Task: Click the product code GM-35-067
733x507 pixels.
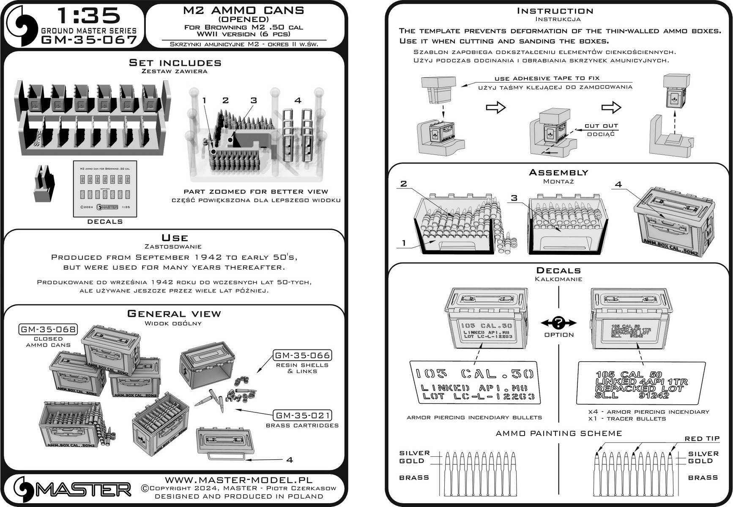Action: point(89,40)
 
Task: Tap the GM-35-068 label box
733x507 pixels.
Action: point(48,330)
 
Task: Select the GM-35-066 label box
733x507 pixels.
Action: point(302,355)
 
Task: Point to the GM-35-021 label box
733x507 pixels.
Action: point(302,415)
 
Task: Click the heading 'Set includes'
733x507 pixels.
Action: point(175,63)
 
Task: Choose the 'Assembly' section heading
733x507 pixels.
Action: point(558,172)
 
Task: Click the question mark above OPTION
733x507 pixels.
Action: point(559,323)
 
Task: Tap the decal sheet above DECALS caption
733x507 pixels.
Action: point(105,188)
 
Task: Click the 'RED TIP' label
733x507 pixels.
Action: point(702,439)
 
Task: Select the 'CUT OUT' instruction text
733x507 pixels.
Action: point(601,126)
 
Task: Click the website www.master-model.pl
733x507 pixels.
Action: point(238,480)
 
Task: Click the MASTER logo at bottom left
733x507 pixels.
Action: point(72,490)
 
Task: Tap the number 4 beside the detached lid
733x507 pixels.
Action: point(290,460)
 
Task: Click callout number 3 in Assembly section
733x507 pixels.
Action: point(514,198)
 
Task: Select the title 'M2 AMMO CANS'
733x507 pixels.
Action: point(243,10)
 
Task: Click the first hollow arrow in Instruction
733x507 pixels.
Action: point(496,107)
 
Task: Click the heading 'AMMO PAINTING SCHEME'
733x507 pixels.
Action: point(558,433)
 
